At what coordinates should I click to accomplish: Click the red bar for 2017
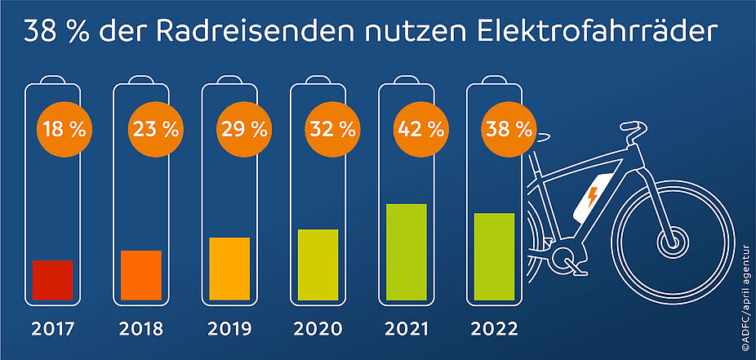pos(53,280)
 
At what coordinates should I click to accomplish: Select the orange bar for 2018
pos(141,275)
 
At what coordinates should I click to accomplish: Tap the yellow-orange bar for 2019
pos(229,269)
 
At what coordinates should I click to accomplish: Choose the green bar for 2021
pos(407,251)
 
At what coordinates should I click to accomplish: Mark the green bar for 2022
pos(494,256)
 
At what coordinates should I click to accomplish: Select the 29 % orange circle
pos(244,128)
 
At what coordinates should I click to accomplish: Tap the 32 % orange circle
pos(332,128)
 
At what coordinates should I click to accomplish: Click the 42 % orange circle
pos(420,128)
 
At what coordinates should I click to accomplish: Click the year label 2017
pos(53,330)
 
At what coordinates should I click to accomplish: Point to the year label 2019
pos(229,330)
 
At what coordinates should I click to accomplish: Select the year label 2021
pos(407,330)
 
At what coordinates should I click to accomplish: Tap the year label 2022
pos(495,330)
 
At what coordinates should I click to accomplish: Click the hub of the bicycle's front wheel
pos(672,242)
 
